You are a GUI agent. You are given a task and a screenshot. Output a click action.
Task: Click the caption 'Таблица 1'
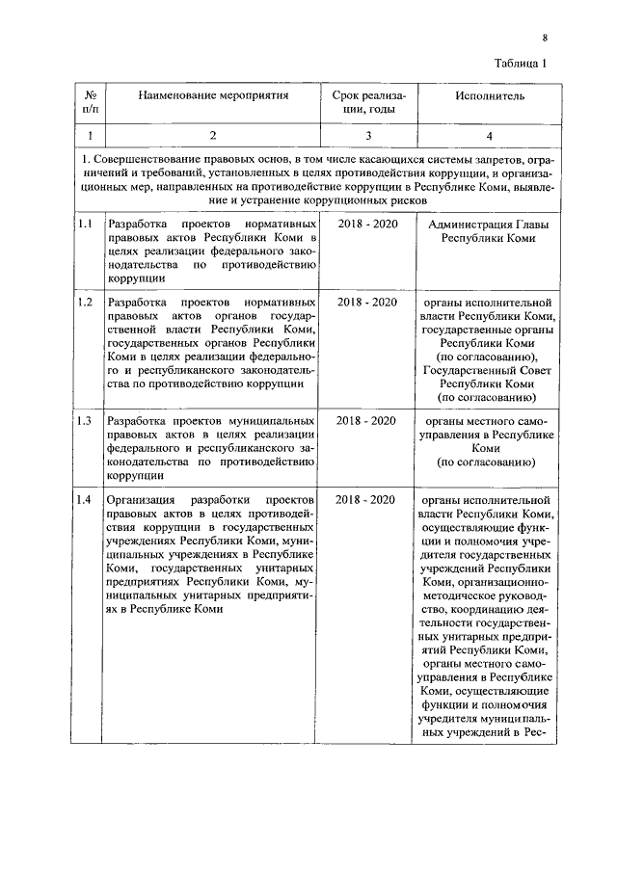pos(520,65)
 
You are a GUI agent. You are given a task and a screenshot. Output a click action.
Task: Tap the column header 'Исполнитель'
pos(486,97)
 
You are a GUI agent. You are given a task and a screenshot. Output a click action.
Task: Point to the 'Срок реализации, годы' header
pos(367,104)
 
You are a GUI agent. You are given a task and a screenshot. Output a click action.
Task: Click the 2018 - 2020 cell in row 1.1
pos(366,224)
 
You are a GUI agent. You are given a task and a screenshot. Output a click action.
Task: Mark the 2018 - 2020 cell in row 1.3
pos(366,421)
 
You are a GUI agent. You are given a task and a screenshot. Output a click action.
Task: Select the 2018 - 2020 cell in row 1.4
pos(366,500)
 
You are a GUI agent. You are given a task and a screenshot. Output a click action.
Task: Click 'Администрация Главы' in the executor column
pos(487,224)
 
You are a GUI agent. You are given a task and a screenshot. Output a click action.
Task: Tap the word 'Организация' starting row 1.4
pos(140,500)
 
